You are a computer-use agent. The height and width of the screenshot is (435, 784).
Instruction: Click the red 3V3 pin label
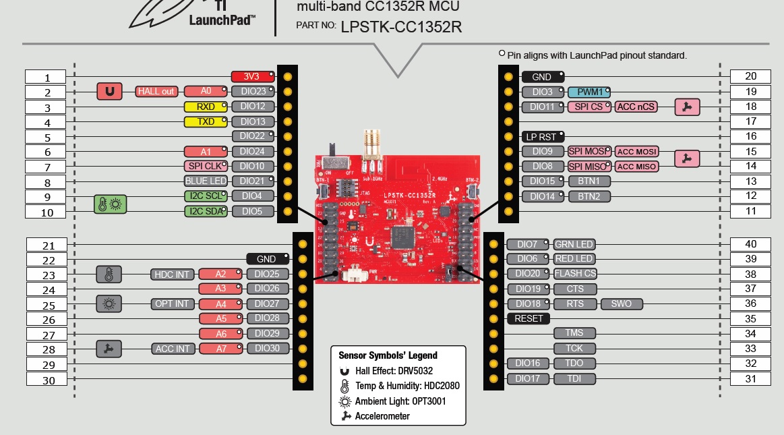pyautogui.click(x=251, y=76)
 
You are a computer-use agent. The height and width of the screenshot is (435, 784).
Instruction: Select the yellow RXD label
pyautogui.click(x=205, y=107)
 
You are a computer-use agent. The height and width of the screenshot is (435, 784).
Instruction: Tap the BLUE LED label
pyautogui.click(x=206, y=181)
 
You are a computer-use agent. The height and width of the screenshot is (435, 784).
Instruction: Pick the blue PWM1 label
pyautogui.click(x=590, y=92)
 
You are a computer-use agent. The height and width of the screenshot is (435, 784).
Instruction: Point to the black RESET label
pyautogui.click(x=529, y=318)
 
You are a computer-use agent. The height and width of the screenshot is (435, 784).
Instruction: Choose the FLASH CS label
pyautogui.click(x=574, y=274)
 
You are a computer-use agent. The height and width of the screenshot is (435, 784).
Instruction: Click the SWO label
pyautogui.click(x=621, y=303)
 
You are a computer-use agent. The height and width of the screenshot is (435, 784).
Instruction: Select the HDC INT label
pyautogui.click(x=172, y=274)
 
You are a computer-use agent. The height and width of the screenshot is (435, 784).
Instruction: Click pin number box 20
pyautogui.click(x=750, y=76)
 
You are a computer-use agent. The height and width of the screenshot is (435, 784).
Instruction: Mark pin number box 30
pyautogui.click(x=49, y=380)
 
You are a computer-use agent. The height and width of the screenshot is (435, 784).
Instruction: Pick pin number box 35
pyautogui.click(x=750, y=318)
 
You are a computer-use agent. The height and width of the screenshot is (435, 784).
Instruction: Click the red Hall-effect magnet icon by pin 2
pyautogui.click(x=109, y=91)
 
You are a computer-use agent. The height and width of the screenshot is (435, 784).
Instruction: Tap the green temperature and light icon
pyautogui.click(x=110, y=204)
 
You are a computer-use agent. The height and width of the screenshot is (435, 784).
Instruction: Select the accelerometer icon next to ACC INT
pyautogui.click(x=109, y=349)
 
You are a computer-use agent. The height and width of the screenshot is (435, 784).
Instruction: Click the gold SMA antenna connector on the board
pyautogui.click(x=369, y=145)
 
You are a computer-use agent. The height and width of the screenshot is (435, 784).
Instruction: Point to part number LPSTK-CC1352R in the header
pyautogui.click(x=401, y=27)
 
